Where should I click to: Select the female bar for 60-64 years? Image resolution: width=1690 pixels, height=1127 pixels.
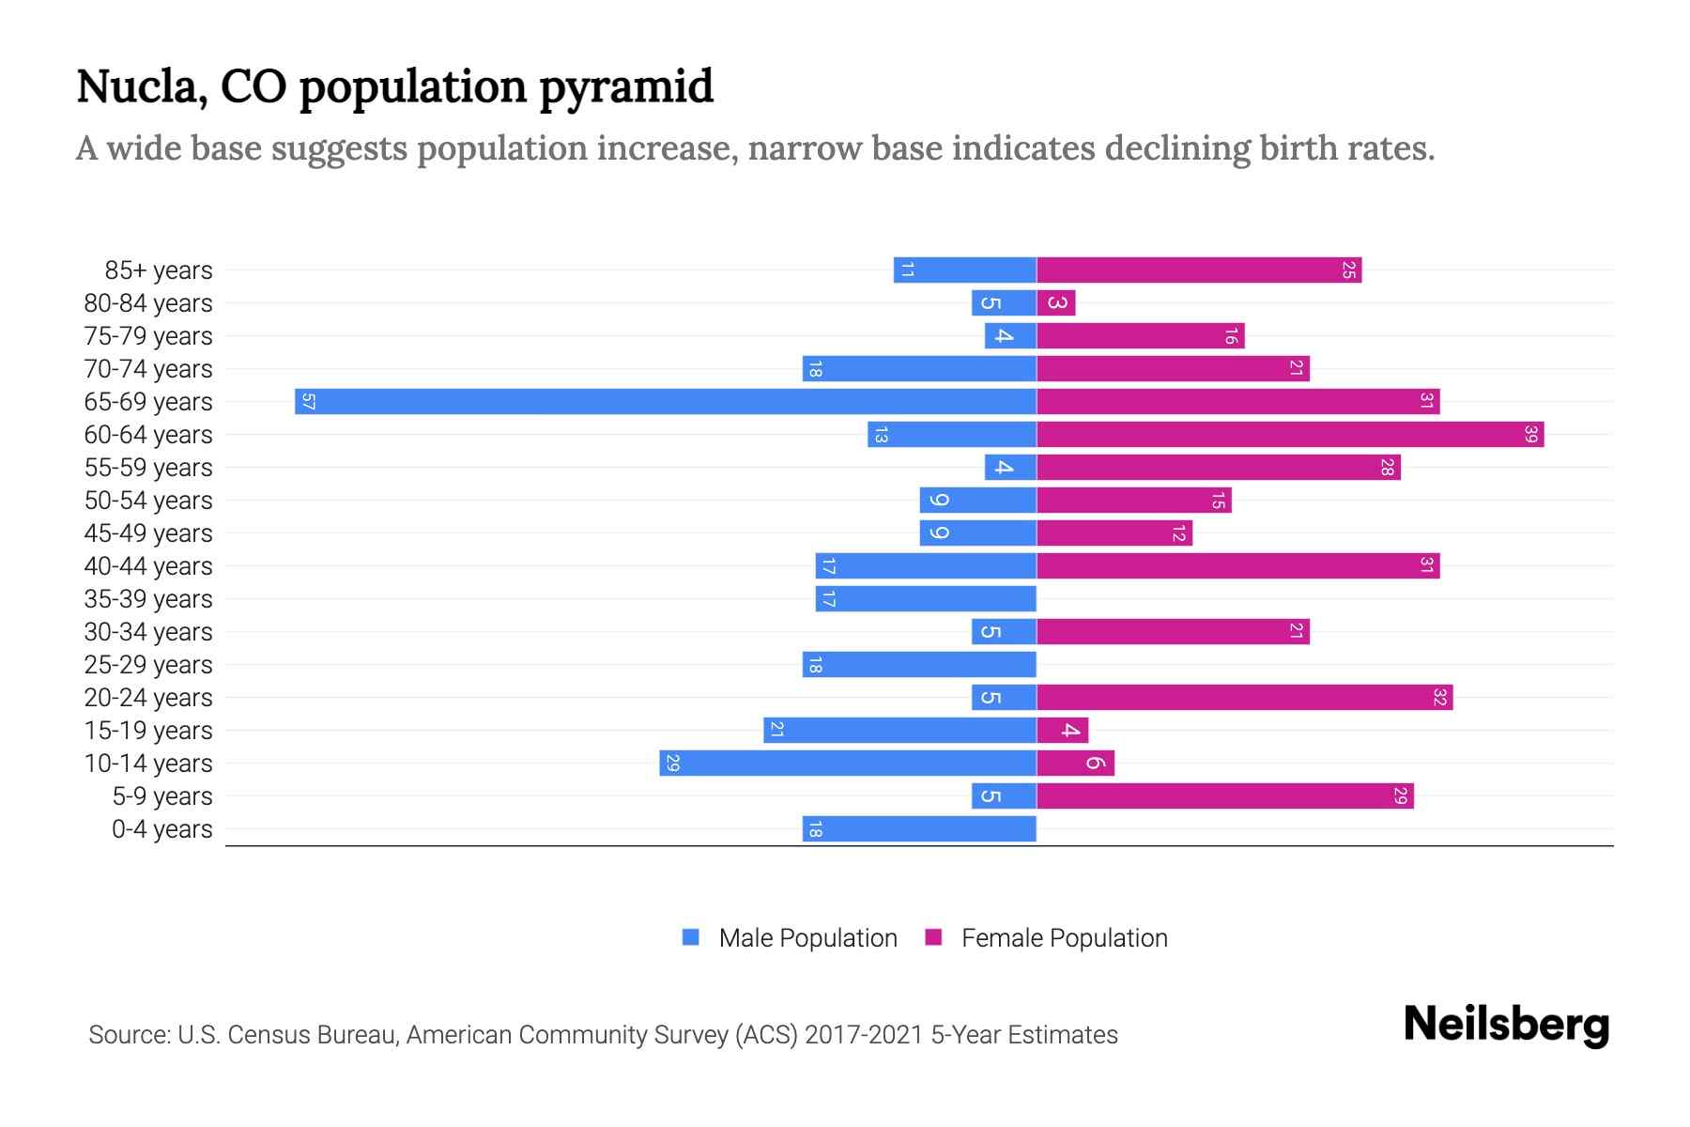(1290, 435)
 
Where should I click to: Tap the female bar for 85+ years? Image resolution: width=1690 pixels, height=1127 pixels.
(1199, 270)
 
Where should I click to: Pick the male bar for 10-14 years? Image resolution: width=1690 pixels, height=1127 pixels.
(848, 764)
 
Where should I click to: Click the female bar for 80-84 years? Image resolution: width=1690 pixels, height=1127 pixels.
(1056, 303)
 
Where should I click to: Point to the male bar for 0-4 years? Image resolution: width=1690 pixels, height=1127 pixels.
(919, 829)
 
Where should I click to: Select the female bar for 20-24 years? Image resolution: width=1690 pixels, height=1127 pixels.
(1244, 698)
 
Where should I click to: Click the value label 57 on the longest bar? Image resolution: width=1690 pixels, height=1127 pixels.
(308, 402)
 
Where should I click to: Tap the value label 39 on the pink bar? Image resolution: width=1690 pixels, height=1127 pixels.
(1530, 435)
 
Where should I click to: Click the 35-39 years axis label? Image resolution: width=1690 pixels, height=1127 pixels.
(148, 599)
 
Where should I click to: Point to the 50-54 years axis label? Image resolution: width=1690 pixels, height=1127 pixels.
(148, 501)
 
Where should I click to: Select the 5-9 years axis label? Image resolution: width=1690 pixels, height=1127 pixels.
(161, 796)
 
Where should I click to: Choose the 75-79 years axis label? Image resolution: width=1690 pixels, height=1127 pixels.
(148, 336)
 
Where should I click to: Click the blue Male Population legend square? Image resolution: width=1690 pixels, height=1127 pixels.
(691, 937)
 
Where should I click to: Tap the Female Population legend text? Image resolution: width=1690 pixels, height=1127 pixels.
(1064, 938)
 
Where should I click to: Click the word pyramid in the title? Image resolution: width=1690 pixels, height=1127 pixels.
(626, 87)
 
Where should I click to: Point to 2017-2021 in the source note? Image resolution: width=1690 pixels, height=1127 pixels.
(863, 1035)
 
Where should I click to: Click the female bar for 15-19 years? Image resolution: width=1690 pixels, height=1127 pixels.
(1063, 731)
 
